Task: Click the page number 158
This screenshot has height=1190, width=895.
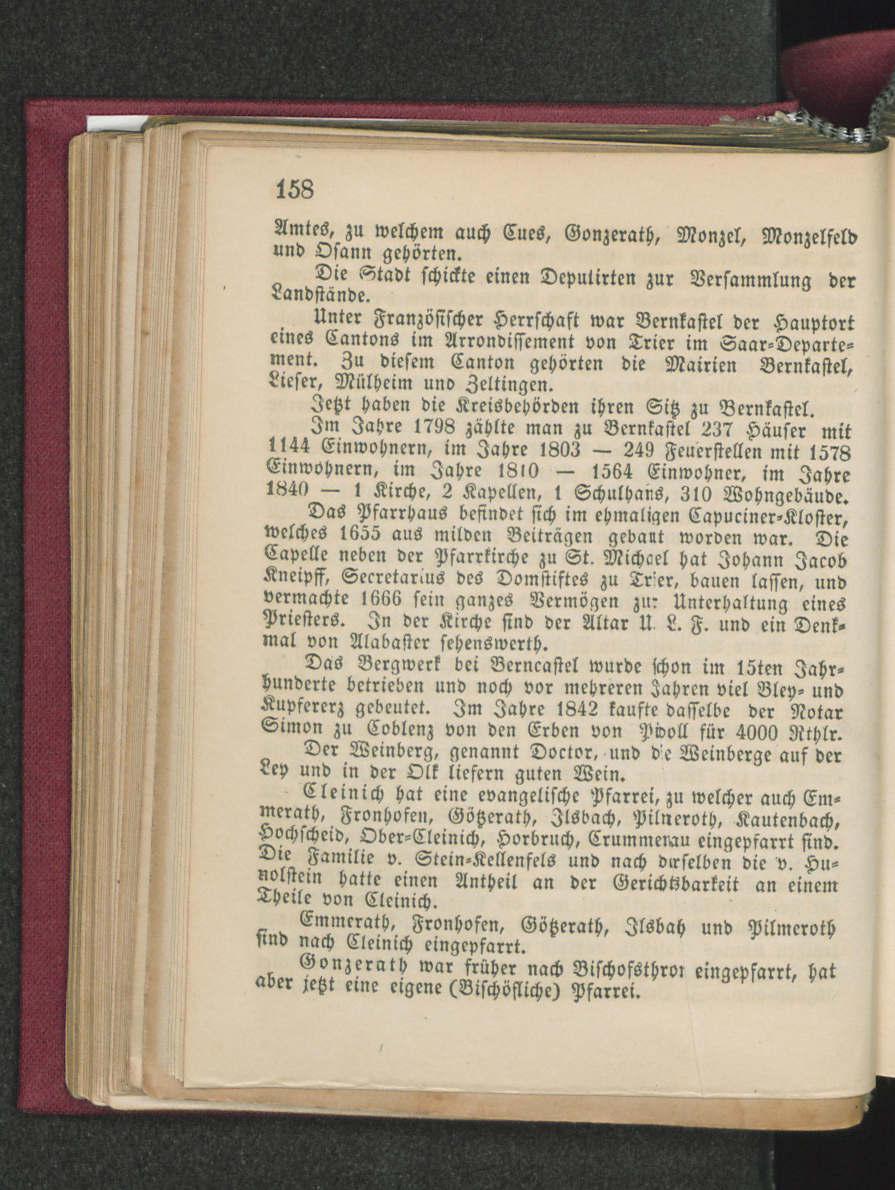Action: [x=294, y=189]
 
